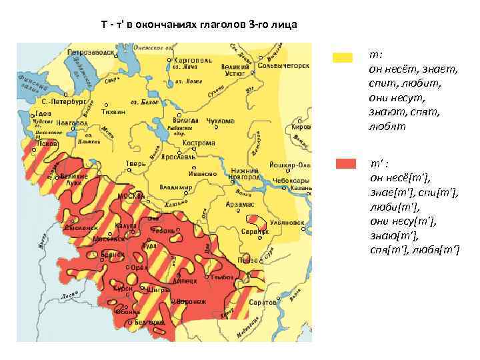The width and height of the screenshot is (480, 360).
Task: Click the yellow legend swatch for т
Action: [343, 58]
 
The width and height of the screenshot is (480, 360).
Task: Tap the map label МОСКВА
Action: [132, 196]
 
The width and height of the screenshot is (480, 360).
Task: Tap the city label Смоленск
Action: [81, 227]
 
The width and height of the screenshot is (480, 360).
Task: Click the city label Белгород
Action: [149, 322]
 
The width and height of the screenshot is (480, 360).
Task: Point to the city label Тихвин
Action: [113, 112]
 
